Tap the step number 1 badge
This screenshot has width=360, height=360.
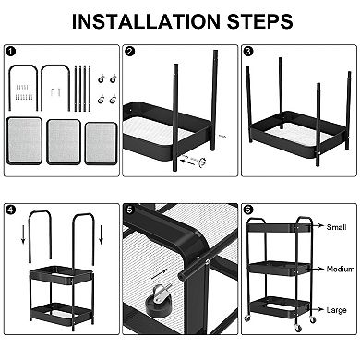pyautogui.click(x=10, y=52)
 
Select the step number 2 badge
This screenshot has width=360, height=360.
pyautogui.click(x=130, y=52)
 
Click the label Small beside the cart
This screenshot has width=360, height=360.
pyautogui.click(x=336, y=226)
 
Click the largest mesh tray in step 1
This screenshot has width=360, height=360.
pyautogui.click(x=24, y=140)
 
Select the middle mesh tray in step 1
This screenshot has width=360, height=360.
pyautogui.click(x=65, y=140)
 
